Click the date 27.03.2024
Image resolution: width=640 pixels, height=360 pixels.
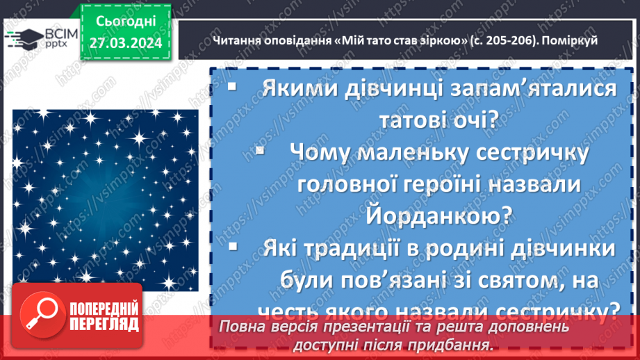tap(125, 43)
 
